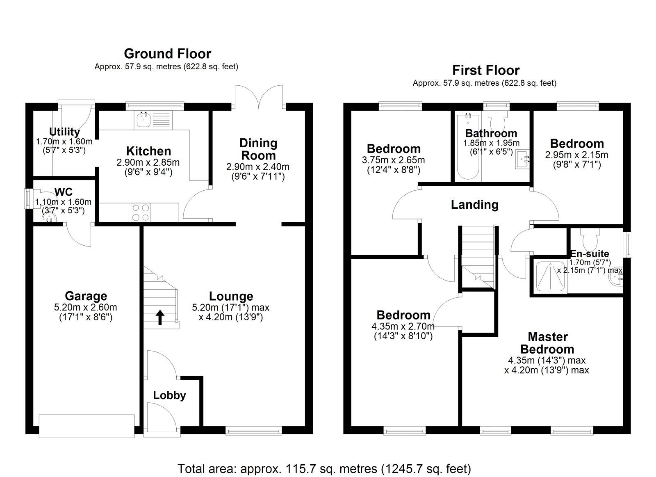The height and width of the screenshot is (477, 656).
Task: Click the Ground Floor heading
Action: click(167, 54)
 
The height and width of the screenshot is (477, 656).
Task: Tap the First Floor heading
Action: click(485, 70)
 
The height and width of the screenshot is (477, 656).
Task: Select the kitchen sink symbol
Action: click(143, 119)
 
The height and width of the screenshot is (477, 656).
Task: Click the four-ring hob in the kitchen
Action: click(140, 212)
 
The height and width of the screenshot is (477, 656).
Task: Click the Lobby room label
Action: click(169, 395)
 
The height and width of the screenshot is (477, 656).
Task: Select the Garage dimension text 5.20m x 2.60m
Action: click(85, 307)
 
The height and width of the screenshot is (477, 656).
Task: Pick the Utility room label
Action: click(64, 132)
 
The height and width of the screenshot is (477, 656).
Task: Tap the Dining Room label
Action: click(258, 149)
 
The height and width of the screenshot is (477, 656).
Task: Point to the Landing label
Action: click(474, 204)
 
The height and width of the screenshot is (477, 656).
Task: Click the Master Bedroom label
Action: click(547, 343)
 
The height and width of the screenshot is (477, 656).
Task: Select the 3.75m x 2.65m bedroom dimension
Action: click(393, 160)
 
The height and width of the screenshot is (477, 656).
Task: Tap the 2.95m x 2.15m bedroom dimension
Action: click(576, 155)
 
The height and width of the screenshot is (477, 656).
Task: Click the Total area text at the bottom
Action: click(324, 468)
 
